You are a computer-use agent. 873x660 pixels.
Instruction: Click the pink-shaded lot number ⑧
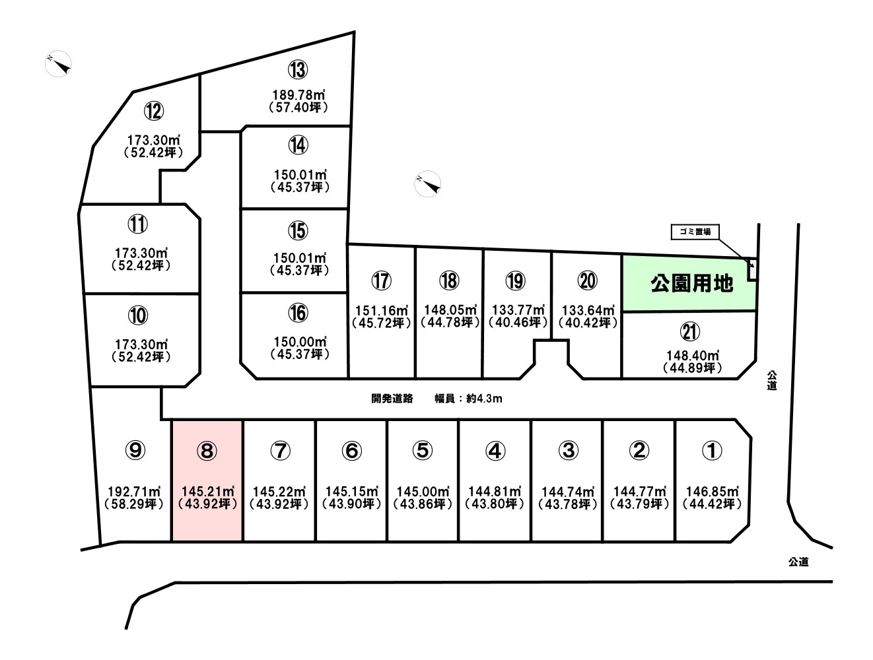point(207,451)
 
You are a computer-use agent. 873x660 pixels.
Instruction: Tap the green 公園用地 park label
point(691,284)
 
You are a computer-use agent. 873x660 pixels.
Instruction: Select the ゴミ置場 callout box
point(695,232)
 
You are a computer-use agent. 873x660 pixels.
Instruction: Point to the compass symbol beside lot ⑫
point(59,63)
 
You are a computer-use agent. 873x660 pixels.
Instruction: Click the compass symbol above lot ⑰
point(427,183)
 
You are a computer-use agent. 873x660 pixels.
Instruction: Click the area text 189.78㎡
point(298,95)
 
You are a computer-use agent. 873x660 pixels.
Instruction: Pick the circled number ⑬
point(298,70)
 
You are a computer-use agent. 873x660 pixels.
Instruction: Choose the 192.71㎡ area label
point(134,492)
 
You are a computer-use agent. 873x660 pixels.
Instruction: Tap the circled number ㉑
point(690,331)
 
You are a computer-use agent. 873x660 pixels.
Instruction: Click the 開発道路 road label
point(392,399)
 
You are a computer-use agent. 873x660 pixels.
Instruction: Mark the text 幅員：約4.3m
point(468,399)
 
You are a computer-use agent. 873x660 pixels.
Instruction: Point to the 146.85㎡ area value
point(712,492)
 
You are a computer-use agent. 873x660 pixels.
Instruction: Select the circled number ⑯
point(298,313)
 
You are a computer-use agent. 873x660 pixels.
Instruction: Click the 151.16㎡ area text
point(382,310)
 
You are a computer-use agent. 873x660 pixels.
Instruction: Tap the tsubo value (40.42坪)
point(588,323)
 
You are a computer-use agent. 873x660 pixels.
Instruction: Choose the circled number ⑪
point(137,224)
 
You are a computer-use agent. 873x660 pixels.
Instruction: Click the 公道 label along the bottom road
point(798,562)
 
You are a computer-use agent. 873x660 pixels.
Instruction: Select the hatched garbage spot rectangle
point(752,269)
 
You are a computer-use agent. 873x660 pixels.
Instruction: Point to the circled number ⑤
point(423,451)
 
